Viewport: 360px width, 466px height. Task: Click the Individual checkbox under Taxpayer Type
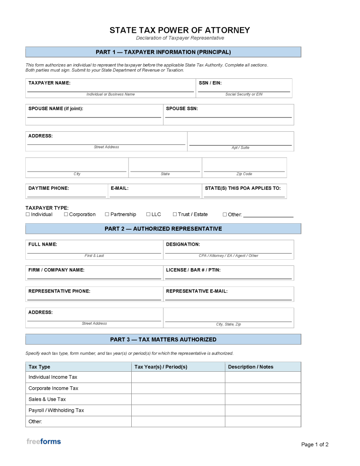28,214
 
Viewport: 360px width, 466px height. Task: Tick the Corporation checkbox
66,214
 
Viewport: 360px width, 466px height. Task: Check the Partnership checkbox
107,214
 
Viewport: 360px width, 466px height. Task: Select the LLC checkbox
148,214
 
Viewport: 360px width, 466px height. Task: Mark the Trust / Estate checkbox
175,214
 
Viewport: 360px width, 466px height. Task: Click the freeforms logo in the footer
44,441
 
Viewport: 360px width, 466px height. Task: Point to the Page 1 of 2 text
315,444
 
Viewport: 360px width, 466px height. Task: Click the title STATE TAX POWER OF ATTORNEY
180,30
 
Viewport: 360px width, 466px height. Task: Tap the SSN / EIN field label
210,83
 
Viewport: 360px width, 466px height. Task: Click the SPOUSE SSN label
182,108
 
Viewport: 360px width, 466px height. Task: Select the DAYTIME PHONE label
48,188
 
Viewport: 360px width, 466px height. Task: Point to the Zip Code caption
244,174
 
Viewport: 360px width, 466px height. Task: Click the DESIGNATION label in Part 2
183,244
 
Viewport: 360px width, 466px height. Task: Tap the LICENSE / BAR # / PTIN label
193,270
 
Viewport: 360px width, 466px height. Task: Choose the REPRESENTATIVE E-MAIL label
197,291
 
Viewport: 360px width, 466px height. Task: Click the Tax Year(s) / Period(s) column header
161,367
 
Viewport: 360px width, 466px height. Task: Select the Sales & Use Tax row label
47,399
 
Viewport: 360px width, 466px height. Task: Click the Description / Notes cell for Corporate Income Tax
262,388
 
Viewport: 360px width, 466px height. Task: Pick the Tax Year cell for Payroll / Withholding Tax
178,410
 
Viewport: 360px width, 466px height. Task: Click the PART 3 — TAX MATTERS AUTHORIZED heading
163,339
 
